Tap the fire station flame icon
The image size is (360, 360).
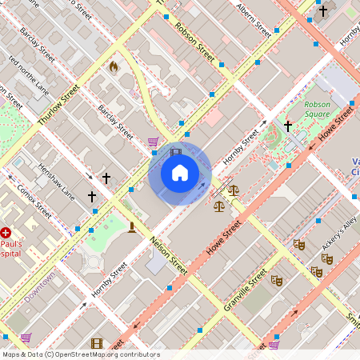[113, 67]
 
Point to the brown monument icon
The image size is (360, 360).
[131, 227]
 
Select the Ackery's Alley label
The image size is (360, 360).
[339, 233]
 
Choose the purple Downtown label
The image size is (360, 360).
[39, 287]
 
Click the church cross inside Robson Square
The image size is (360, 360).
[288, 126]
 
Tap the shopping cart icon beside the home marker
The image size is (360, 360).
[153, 142]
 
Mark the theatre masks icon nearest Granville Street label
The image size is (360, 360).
[277, 280]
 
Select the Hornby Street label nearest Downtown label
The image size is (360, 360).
[109, 280]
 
